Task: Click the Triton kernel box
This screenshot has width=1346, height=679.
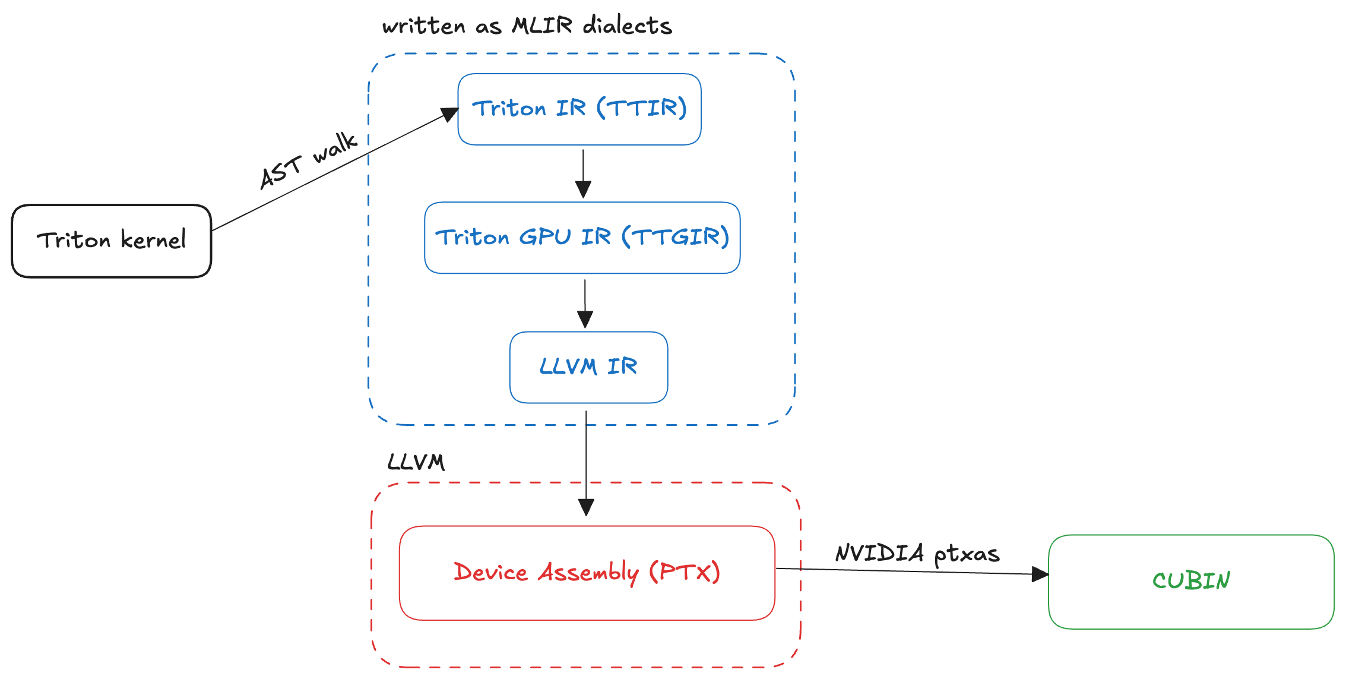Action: pos(111,241)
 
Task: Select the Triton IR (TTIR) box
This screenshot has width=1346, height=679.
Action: pos(579,109)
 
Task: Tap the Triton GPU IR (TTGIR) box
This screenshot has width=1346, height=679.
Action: pos(582,238)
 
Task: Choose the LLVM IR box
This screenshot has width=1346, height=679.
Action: pos(588,367)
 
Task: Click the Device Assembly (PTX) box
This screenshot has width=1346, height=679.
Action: pos(587,573)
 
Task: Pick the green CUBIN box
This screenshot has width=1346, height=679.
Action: pos(1191,581)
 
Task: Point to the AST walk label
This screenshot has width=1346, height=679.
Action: pos(308,160)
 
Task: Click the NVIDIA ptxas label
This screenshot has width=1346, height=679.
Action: pos(917,554)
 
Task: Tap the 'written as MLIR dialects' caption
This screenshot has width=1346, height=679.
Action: pos(527,26)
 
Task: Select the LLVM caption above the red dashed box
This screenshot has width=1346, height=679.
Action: pos(416,462)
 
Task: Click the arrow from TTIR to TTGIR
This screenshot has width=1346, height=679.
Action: pos(583,173)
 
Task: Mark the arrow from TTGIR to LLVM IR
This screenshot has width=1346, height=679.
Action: pos(585,302)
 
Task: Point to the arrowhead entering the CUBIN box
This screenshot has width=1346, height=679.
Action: pos(1040,574)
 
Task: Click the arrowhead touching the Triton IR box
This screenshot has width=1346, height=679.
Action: pos(449,114)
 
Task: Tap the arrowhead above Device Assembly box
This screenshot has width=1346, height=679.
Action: pos(586,507)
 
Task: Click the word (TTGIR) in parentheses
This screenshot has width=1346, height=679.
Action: pos(675,237)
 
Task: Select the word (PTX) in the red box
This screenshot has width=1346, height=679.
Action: pos(684,572)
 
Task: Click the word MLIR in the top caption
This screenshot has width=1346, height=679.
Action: pos(542,26)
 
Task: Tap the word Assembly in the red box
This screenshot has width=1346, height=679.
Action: pos(588,573)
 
